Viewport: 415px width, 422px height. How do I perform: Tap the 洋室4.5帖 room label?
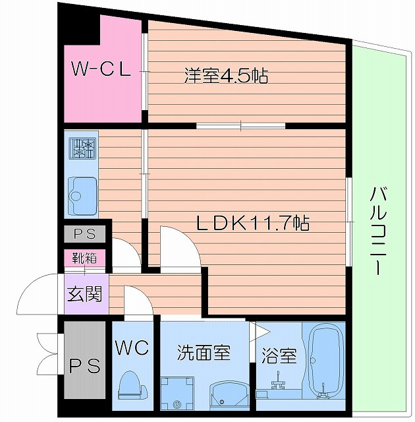[x=225, y=76]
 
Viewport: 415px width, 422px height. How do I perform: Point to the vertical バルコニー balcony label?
[x=377, y=230]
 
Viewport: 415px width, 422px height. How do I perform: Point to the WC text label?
[x=133, y=347]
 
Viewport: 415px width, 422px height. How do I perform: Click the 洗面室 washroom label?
[x=204, y=351]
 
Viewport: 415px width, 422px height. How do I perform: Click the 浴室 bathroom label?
[x=279, y=356]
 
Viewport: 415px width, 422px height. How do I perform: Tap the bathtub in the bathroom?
[x=325, y=362]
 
